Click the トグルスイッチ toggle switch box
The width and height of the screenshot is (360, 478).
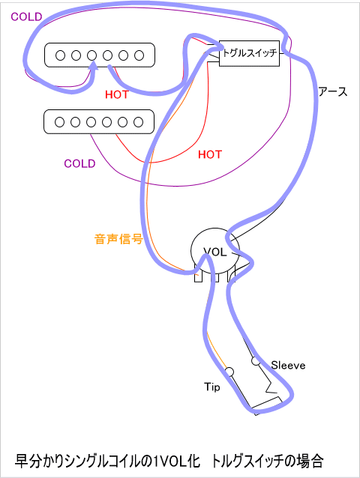pyautogui.click(x=249, y=53)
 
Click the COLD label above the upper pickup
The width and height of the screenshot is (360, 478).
pyautogui.click(x=26, y=16)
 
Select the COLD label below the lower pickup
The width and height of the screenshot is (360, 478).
pyautogui.click(x=79, y=163)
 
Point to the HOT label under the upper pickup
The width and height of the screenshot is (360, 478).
pyautogui.click(x=117, y=95)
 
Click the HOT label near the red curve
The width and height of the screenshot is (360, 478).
pyautogui.click(x=210, y=154)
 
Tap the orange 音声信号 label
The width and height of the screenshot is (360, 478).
pyautogui.click(x=118, y=239)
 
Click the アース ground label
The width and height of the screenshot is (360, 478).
pyautogui.click(x=333, y=91)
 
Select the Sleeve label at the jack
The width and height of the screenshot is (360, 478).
pyautogui.click(x=288, y=365)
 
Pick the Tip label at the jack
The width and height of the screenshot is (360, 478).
pyautogui.click(x=212, y=387)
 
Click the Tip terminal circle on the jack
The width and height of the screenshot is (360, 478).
pyautogui.click(x=229, y=372)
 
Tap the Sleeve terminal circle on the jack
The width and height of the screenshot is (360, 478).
pyautogui.click(x=256, y=361)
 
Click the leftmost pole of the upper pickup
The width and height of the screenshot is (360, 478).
pyautogui.click(x=60, y=55)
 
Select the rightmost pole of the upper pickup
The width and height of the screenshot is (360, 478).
pyautogui.click(x=139, y=55)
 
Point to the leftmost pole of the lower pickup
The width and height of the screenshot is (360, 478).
pyautogui.click(x=59, y=122)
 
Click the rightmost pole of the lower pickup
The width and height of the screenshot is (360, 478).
pyautogui.click(x=138, y=122)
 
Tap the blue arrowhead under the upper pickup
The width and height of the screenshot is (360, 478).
pyautogui.click(x=93, y=65)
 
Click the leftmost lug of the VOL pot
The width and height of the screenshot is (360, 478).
pyautogui.click(x=198, y=276)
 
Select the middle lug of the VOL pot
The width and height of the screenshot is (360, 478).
pyautogui.click(x=215, y=276)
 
